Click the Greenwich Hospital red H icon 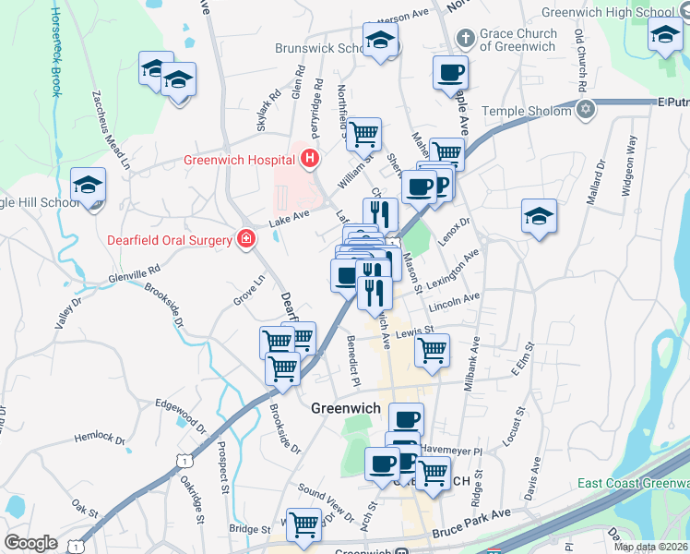coord(310,159)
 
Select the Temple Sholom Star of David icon coord(583,111)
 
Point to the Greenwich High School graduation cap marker coord(663,38)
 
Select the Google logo coord(30,543)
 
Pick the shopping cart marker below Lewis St coord(432,350)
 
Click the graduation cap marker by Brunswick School coord(379,40)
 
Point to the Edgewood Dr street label coord(181,416)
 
